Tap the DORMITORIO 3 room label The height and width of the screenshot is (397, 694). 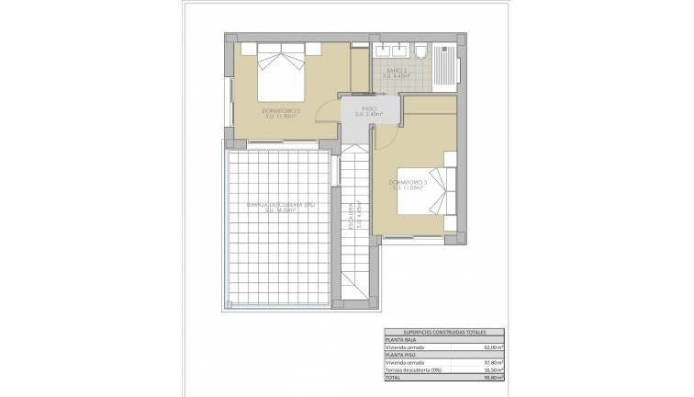(410, 186)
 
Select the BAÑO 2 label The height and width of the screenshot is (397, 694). (397, 74)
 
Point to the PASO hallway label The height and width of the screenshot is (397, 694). (370, 111)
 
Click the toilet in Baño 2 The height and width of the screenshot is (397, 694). (420, 51)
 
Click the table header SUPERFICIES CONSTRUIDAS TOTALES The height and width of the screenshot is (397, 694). (443, 332)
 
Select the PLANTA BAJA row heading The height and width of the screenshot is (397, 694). (401, 340)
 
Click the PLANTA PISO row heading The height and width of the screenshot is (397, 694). (400, 355)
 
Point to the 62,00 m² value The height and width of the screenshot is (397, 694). (493, 347)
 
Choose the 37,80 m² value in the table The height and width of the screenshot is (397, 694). (493, 362)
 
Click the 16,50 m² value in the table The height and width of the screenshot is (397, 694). (493, 369)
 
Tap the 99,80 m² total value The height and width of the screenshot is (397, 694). (493, 377)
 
